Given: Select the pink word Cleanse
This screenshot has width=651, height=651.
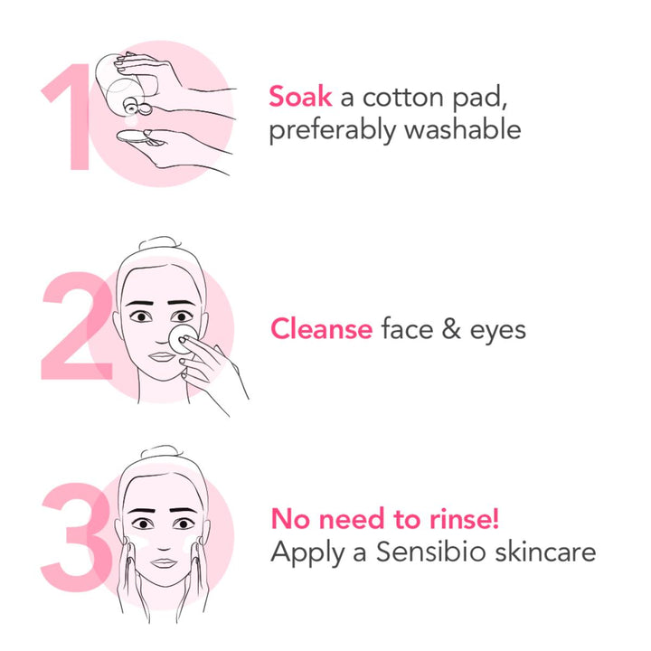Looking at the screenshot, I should [321, 329].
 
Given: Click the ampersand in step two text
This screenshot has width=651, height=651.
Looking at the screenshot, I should [452, 329].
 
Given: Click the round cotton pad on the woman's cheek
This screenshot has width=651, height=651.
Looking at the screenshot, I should [182, 340].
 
